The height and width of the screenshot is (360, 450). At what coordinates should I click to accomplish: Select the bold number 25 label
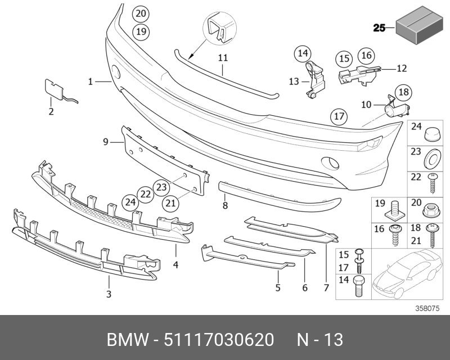coord(380,28)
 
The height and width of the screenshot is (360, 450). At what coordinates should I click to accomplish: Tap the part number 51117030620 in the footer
coord(219,340)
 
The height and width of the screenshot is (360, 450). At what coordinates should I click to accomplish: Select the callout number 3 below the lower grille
coord(109,294)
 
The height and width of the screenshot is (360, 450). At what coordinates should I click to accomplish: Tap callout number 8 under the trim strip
coord(225,206)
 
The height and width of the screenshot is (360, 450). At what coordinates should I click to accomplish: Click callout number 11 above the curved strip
coord(223,58)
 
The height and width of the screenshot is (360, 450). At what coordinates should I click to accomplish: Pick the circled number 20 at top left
coord(141,13)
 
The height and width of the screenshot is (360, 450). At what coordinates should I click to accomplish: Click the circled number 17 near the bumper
coord(338,117)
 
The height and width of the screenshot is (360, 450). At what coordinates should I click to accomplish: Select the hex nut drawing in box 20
coord(430,210)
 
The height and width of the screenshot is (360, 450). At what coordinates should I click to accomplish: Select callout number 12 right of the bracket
coord(401,69)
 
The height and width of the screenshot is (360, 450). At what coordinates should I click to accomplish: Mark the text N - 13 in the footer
coord(319,340)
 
